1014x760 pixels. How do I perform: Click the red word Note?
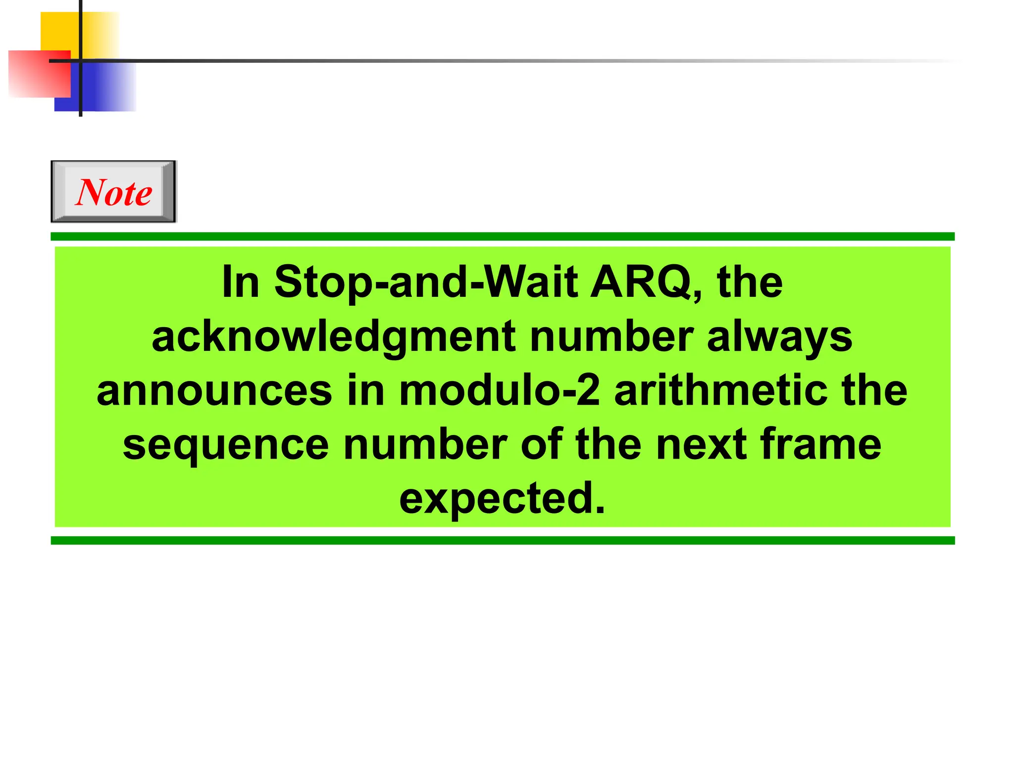[114, 192]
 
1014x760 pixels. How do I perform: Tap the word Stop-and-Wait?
[426, 283]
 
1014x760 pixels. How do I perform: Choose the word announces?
[214, 391]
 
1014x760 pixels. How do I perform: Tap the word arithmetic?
[720, 391]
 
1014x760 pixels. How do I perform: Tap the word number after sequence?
[425, 444]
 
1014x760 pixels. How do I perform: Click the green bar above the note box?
[502, 237]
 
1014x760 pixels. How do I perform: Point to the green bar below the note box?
[502, 540]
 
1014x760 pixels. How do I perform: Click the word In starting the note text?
[241, 283]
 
